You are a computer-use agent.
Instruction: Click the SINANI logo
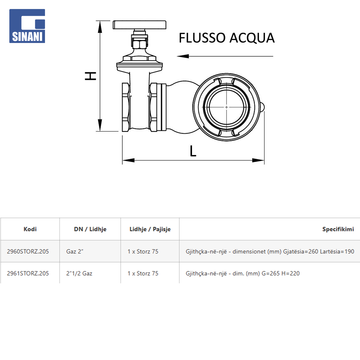[27, 26]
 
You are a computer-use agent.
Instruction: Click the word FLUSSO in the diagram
[202, 38]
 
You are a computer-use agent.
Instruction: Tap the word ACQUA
[252, 38]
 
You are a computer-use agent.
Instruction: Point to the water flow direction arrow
[225, 56]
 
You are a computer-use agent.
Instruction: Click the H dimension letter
[90, 76]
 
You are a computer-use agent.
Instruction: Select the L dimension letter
[193, 151]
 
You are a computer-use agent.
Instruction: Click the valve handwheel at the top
[139, 25]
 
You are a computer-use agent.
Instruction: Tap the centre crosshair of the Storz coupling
[226, 107]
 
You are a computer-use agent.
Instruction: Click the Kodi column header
[30, 229]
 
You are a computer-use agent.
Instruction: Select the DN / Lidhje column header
[90, 229]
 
